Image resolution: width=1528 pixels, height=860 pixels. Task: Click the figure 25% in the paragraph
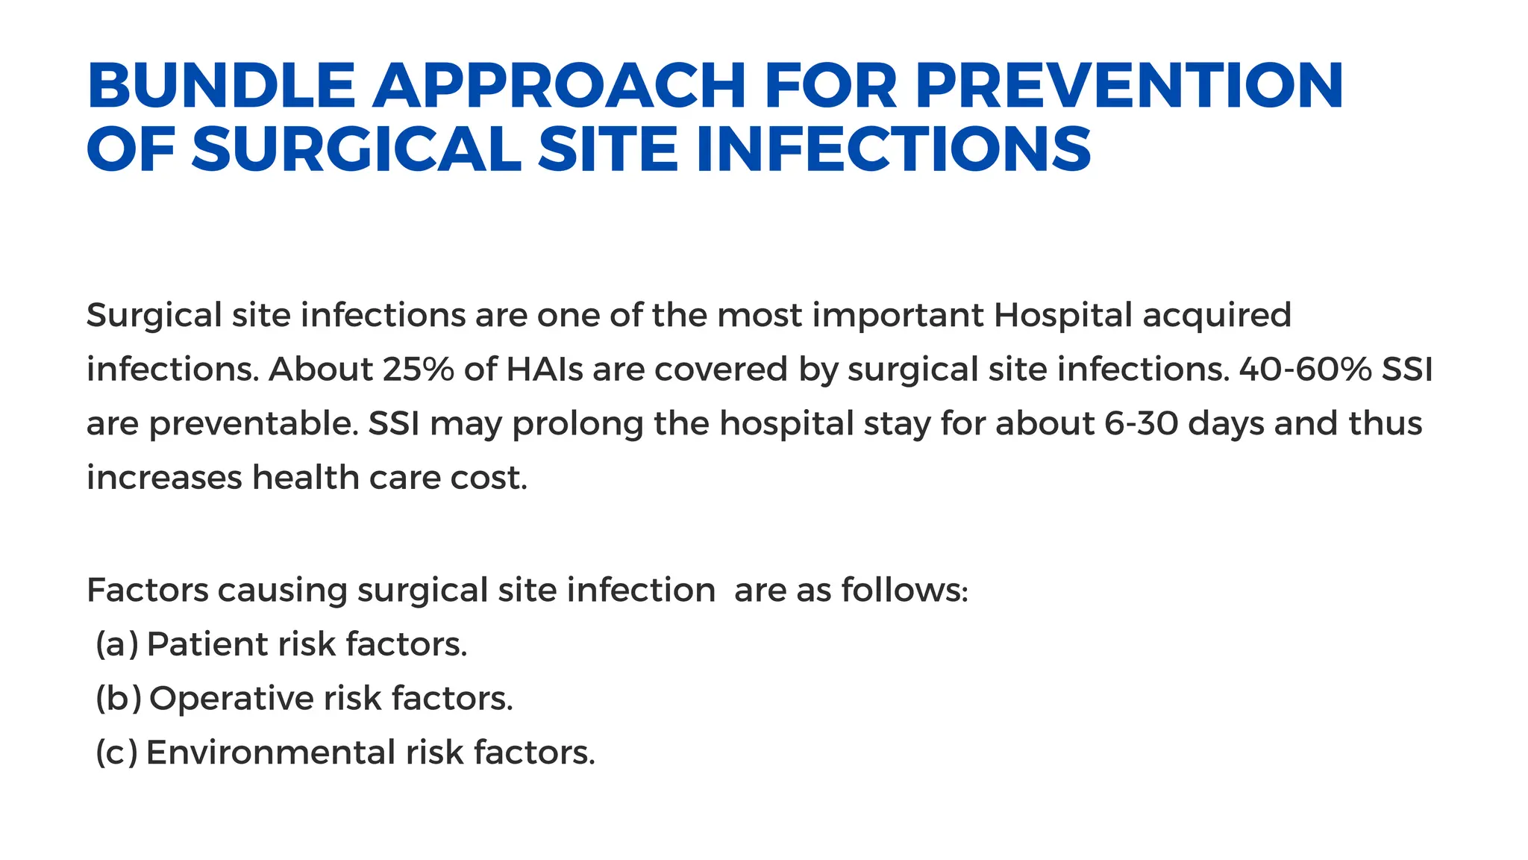coord(418,370)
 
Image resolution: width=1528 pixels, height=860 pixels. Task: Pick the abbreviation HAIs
coord(545,370)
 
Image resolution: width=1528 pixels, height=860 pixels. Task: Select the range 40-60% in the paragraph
coord(1305,370)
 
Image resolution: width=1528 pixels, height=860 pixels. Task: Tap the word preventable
coord(254,424)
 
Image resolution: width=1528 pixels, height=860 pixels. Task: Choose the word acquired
coord(1217,315)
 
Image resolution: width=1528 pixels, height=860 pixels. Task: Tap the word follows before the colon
coord(901,591)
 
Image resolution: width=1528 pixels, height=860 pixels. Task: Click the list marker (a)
coord(117,644)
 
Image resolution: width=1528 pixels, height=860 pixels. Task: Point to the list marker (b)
coord(118,699)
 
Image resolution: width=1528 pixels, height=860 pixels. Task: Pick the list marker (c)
coord(116,752)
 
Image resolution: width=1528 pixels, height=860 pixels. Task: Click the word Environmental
coord(271,752)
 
